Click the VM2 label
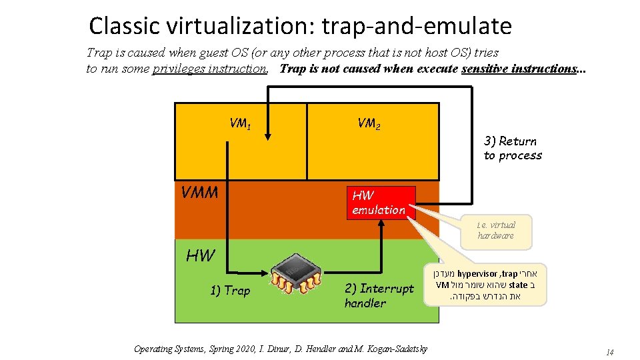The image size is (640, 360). click(x=369, y=123)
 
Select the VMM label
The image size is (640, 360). click(x=199, y=193)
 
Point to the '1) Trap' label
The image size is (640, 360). click(x=230, y=290)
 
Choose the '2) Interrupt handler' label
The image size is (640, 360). click(x=379, y=295)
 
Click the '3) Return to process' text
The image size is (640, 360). click(x=513, y=148)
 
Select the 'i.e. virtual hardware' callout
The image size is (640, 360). click(x=495, y=230)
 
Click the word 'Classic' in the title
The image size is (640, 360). click(x=124, y=26)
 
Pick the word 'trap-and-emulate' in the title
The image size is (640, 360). click(x=417, y=26)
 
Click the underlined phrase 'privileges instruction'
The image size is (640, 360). click(x=210, y=69)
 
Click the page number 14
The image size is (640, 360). click(x=609, y=352)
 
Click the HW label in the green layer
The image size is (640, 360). click(x=201, y=256)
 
